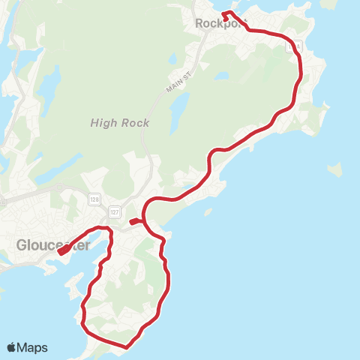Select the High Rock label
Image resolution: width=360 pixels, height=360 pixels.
pyautogui.click(x=120, y=123)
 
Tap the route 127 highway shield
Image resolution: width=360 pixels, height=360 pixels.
pyautogui.click(x=113, y=211)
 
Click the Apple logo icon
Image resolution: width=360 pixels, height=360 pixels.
pyautogui.click(x=12, y=347)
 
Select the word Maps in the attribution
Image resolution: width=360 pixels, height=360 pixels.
pyautogui.click(x=32, y=347)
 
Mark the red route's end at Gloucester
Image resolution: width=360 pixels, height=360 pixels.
pyautogui.click(x=59, y=253)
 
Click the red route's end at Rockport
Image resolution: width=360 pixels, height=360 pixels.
pyautogui.click(x=225, y=13)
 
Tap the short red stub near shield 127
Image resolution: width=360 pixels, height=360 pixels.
pyautogui.click(x=132, y=222)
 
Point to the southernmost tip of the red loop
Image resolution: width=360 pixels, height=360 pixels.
pyautogui.click(x=127, y=347)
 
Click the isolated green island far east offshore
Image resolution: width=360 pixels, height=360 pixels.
pyautogui.click(x=334, y=170)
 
